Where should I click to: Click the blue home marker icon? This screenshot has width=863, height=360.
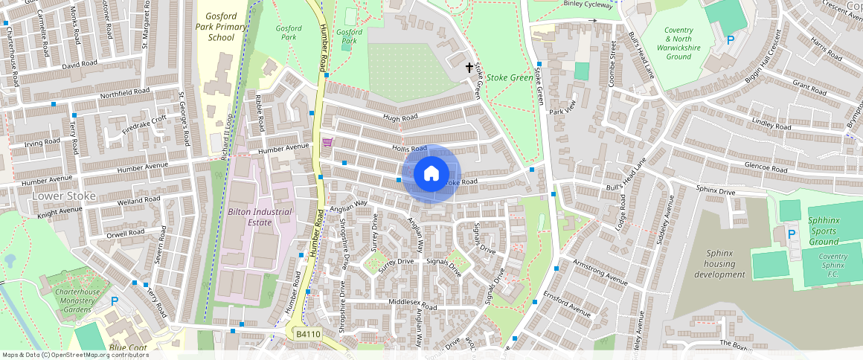click(431, 174)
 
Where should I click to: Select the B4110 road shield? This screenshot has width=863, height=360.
click(307, 335)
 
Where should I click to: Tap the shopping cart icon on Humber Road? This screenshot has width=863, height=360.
click(327, 142)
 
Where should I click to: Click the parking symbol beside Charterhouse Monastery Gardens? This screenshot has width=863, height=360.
click(115, 301)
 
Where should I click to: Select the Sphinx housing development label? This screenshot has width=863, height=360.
click(719, 264)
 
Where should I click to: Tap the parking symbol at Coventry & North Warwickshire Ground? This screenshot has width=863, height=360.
click(731, 40)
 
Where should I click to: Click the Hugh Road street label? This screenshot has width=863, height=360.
click(400, 118)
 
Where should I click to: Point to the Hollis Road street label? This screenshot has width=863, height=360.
click(409, 149)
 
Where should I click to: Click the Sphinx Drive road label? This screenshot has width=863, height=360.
click(715, 191)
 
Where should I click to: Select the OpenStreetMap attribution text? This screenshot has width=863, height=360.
click(75, 355)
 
